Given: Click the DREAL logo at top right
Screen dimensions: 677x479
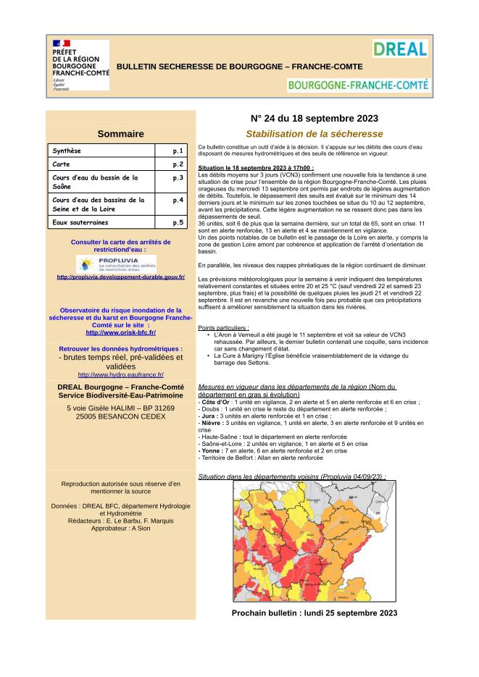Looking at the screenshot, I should pos(399,49).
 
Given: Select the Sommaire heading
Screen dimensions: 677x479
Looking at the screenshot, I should pos(120,133).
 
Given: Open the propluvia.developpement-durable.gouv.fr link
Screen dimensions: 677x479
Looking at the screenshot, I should pos(121,277).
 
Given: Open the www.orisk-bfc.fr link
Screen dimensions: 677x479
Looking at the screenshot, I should pos(120,332).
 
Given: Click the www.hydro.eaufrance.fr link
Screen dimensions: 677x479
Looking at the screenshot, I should pos(120,374).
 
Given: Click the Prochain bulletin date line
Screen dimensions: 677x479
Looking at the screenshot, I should pos(315,613).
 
